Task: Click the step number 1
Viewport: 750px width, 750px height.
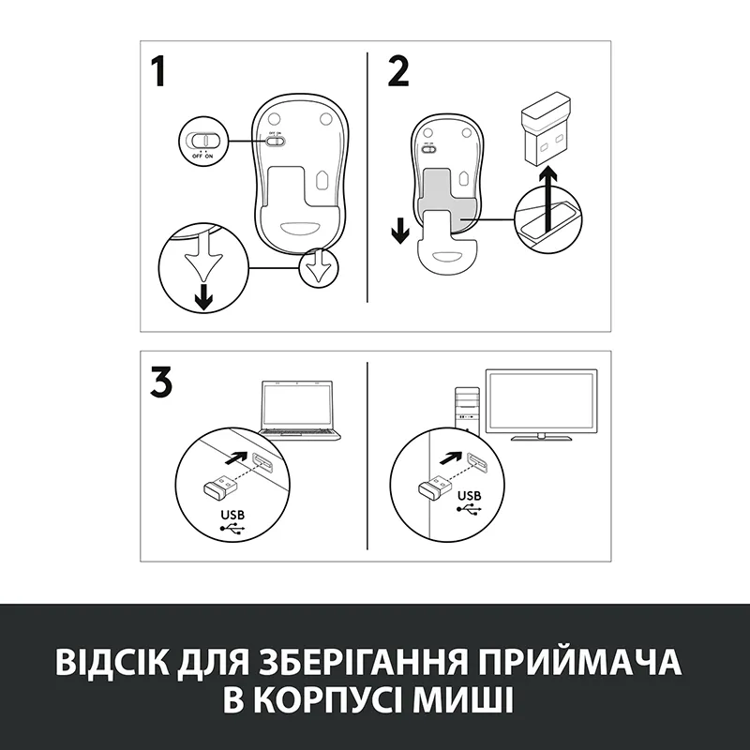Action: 158,72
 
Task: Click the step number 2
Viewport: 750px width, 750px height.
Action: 397,72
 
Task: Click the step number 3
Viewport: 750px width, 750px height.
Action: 160,382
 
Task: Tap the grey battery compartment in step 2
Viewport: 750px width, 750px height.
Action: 448,200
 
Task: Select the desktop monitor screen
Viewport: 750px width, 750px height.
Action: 542,404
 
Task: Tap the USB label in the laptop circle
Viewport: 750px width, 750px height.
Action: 232,515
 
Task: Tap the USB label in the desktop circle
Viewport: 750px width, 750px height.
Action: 470,496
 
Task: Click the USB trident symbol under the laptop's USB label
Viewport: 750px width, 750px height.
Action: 232,529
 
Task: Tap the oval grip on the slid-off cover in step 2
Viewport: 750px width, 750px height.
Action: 448,256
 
